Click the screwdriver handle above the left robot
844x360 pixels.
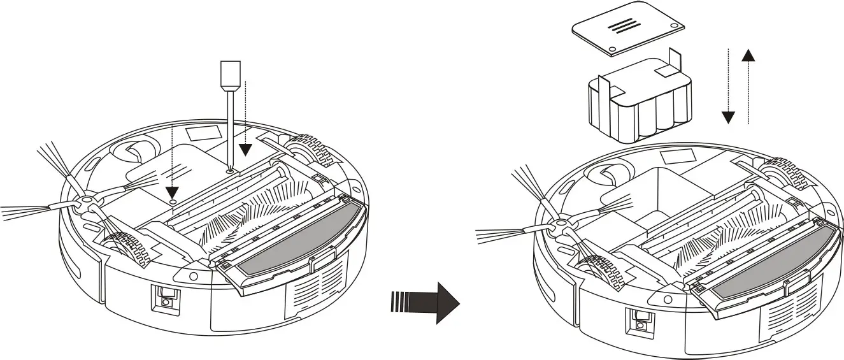click(229, 75)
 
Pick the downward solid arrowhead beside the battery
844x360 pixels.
click(728, 117)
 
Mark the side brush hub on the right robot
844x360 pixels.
click(559, 225)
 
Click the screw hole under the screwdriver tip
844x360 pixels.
click(229, 171)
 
